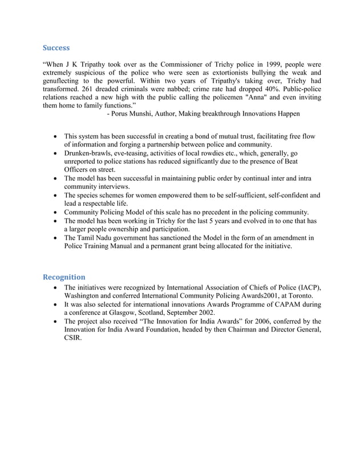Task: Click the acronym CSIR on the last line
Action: click(x=73, y=338)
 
